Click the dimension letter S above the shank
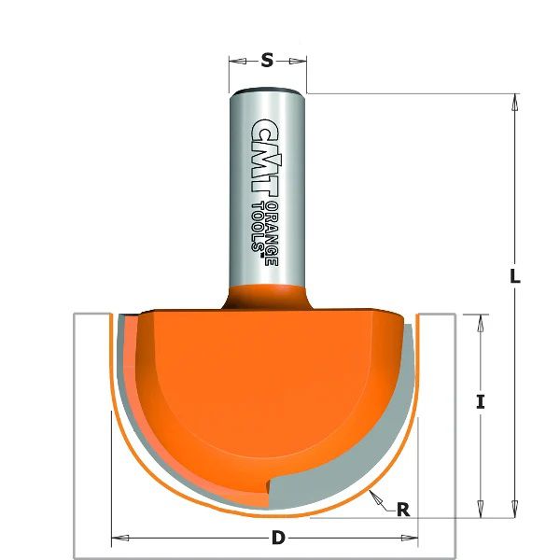[x=267, y=61]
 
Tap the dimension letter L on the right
[x=514, y=276]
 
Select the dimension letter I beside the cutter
[x=480, y=402]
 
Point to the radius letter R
[x=403, y=510]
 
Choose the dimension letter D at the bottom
[x=277, y=538]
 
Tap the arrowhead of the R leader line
[x=371, y=493]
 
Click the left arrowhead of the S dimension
[x=234, y=62]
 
